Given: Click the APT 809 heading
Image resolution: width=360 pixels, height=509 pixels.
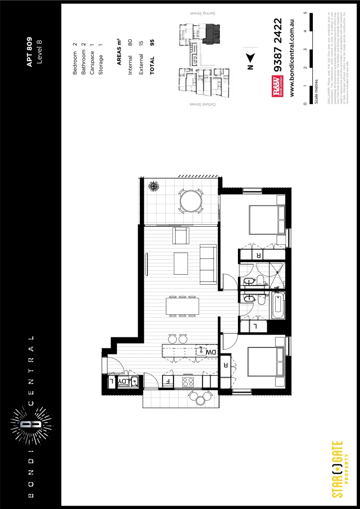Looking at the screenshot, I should coord(29,52).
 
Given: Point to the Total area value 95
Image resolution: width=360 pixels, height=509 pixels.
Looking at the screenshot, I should coord(152,42).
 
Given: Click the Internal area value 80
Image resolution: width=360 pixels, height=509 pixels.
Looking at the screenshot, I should coord(130,42).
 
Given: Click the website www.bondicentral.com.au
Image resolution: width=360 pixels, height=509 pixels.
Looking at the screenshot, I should coord(293,58).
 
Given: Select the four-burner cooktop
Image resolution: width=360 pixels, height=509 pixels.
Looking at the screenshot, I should coord(188,381).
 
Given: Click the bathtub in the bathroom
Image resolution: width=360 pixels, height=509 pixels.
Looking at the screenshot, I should coord(278,305).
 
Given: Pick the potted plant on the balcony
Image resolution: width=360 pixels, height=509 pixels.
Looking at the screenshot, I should coord(153,187).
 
